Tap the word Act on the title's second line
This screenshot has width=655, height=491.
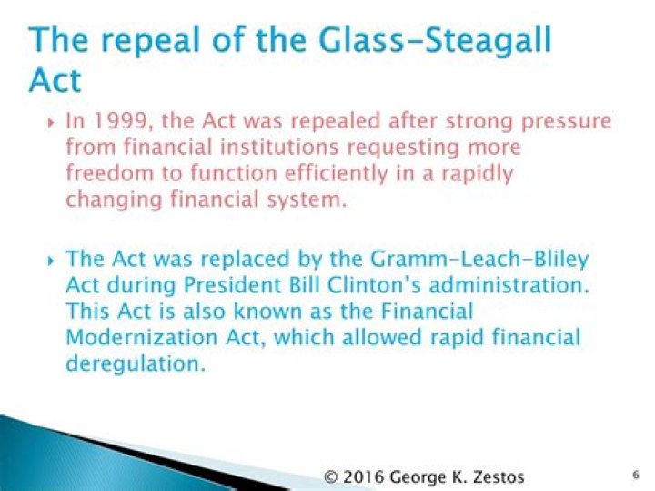pyautogui.click(x=55, y=81)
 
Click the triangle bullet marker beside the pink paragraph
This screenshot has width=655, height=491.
pyautogui.click(x=50, y=122)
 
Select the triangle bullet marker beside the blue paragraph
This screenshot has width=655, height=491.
pyautogui.click(x=50, y=261)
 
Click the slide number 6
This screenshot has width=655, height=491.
pyautogui.click(x=635, y=475)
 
